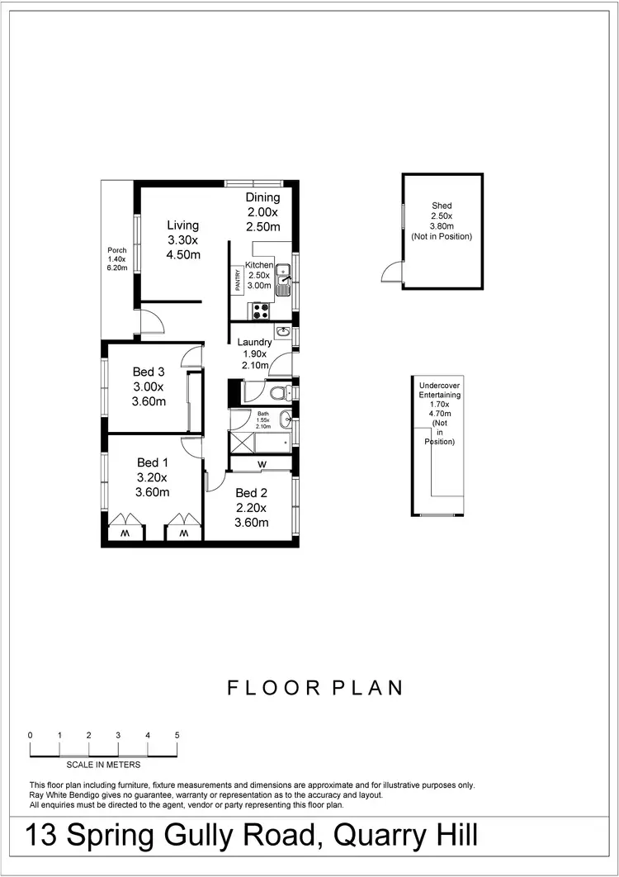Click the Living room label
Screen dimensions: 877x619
(182, 225)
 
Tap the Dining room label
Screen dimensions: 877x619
(262, 198)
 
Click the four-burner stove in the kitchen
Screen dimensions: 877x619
(261, 311)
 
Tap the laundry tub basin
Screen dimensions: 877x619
(283, 332)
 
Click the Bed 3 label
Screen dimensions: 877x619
(149, 372)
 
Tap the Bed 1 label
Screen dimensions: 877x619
(153, 462)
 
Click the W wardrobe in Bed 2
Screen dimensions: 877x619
(261, 464)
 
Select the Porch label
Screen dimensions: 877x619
(116, 250)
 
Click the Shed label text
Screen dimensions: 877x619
(442, 206)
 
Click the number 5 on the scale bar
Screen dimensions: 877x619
(177, 735)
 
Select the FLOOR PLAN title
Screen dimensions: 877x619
(315, 688)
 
